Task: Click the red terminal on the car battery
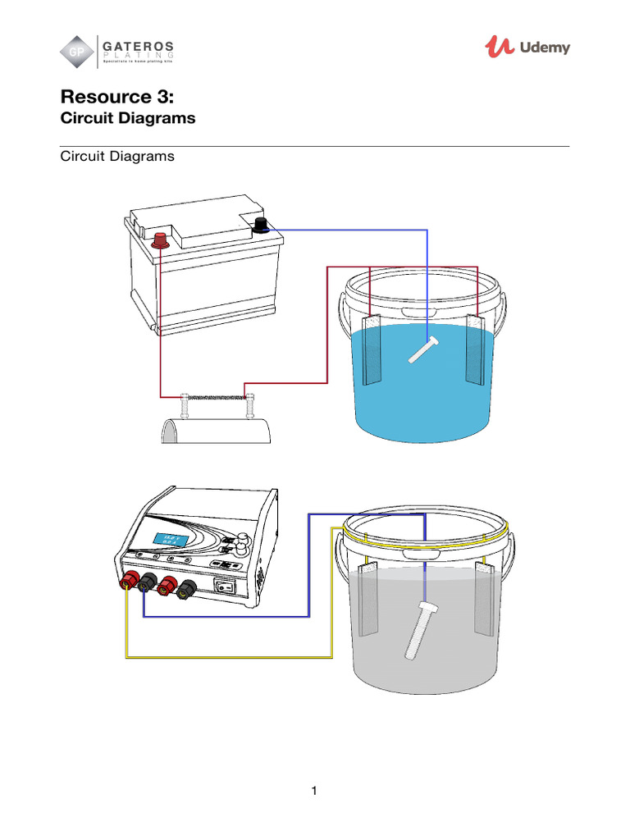(161, 240)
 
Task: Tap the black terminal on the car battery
(262, 226)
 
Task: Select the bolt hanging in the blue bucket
(424, 349)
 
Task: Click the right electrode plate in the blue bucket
(477, 349)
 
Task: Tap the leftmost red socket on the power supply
(129, 582)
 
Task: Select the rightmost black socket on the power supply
(188, 587)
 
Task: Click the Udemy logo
(527, 48)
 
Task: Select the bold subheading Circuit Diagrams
(128, 118)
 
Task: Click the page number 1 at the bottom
(314, 791)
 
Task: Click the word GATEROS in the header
(138, 43)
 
